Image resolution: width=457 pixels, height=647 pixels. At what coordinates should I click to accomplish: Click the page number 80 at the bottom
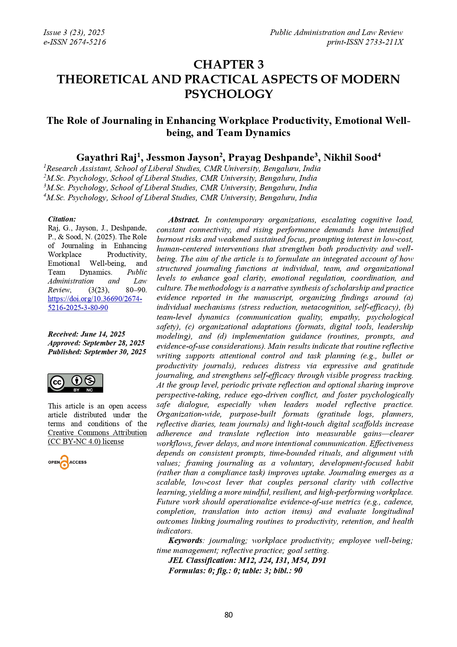[x=228, y=615]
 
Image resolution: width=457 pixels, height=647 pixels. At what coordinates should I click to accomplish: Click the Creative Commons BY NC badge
[x=75, y=383]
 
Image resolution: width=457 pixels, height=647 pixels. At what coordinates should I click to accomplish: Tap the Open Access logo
[x=67, y=462]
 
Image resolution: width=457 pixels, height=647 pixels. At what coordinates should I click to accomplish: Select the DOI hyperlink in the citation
[x=95, y=303]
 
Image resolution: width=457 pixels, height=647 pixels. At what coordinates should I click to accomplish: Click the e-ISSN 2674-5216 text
[x=74, y=42]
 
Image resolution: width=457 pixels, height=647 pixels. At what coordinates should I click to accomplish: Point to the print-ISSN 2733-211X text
[x=364, y=42]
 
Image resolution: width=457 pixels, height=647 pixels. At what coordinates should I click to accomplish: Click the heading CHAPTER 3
[x=228, y=65]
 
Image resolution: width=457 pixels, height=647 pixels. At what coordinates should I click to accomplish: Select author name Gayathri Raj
[x=107, y=157]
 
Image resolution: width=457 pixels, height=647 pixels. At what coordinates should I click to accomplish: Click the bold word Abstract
[x=184, y=220]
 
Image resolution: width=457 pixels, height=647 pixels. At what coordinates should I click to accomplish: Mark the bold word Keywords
[x=185, y=540]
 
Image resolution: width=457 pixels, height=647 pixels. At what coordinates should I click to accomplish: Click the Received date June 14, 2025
[x=103, y=334]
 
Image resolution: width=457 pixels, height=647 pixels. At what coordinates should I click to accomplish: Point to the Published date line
[x=97, y=352]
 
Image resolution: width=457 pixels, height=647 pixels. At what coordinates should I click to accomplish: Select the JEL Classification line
[x=247, y=560]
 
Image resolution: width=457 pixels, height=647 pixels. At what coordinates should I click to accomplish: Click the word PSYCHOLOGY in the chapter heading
[x=228, y=94]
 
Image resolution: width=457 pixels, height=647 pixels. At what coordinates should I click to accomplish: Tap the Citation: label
[x=62, y=219]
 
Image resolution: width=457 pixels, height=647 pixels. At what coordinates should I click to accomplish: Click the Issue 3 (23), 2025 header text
[x=74, y=32]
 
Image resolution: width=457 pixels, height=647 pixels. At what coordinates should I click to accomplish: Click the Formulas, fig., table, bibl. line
[x=235, y=570]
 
